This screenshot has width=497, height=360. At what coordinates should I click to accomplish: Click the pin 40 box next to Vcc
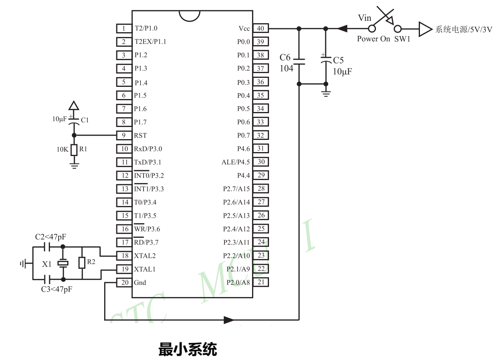click(260, 28)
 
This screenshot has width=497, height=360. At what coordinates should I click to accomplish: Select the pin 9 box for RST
click(124, 135)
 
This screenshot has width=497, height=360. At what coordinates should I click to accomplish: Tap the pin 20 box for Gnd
click(124, 283)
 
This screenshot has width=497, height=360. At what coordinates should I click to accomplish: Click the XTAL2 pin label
click(145, 256)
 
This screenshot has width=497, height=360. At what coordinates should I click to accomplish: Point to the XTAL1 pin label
click(145, 269)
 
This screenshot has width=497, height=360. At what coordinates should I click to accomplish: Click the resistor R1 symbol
click(74, 150)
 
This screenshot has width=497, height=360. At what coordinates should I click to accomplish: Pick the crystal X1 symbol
click(63, 263)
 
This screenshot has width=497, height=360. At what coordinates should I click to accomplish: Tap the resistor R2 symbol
click(82, 263)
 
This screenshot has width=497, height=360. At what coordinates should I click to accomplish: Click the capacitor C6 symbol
click(299, 61)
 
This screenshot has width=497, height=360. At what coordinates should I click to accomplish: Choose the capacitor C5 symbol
click(326, 61)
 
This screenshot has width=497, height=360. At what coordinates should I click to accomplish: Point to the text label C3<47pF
click(57, 289)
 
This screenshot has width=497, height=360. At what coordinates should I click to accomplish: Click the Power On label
click(374, 39)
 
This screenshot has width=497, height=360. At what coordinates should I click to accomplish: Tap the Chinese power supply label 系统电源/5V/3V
click(464, 29)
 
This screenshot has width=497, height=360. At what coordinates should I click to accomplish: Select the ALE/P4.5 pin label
click(236, 162)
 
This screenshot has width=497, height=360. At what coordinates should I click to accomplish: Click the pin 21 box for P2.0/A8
click(260, 282)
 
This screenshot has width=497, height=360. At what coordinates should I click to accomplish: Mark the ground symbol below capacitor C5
click(326, 93)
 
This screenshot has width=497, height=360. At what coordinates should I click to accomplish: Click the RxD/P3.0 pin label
click(148, 149)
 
